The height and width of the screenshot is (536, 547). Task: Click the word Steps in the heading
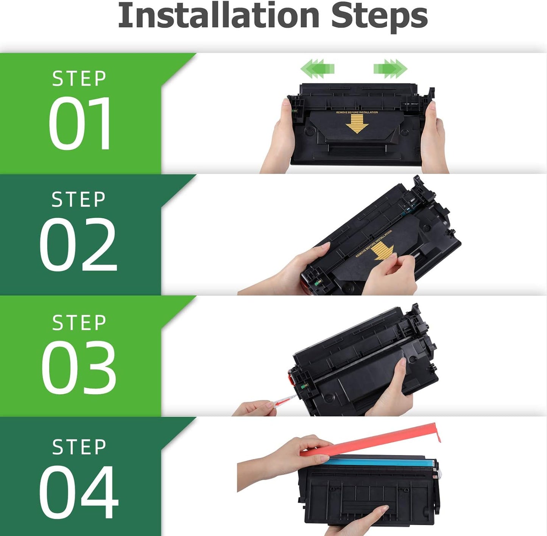[379, 18]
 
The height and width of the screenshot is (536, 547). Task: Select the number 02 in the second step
[78, 245]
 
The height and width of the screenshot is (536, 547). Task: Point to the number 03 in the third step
[79, 368]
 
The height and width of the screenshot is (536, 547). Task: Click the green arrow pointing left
[317, 69]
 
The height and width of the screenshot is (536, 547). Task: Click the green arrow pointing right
[390, 69]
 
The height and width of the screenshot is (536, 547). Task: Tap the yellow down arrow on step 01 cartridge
[357, 124]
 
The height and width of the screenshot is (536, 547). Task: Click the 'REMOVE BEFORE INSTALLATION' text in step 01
[357, 112]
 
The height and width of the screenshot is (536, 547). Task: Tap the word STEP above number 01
[79, 79]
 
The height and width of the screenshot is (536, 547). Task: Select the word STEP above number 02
[78, 199]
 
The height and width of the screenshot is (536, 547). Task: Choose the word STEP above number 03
[79, 323]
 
